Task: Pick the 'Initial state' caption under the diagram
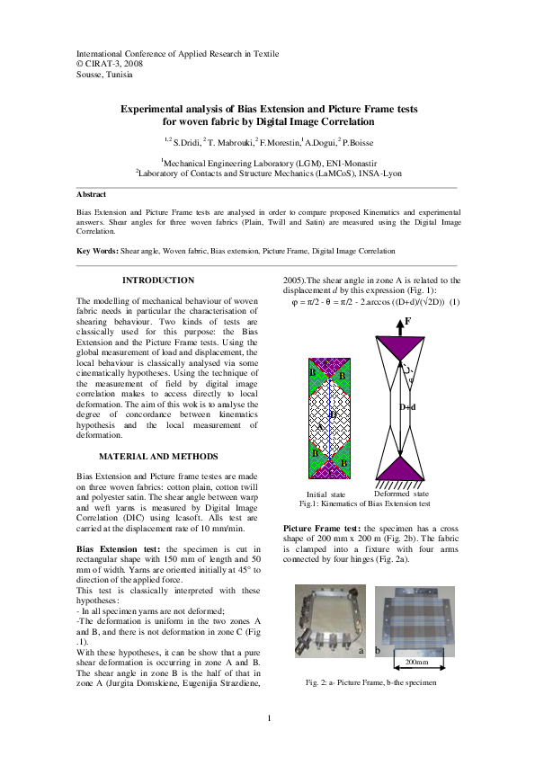click(325, 494)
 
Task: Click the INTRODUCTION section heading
click(157, 281)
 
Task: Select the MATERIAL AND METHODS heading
click(157, 457)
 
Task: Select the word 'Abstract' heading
click(92, 194)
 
